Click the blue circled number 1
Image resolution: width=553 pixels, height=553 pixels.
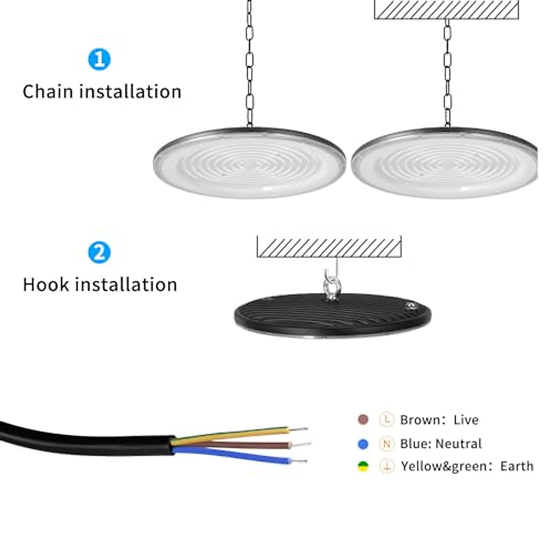(99, 59)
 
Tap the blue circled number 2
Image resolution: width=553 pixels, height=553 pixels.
(99, 253)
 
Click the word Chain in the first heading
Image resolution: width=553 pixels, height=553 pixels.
(48, 92)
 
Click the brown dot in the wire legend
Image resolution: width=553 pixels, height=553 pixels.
(363, 419)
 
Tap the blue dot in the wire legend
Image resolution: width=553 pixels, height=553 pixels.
(363, 444)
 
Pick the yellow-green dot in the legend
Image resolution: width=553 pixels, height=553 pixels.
(363, 466)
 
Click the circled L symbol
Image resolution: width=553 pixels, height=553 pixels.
(387, 419)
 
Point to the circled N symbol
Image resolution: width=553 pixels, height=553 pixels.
(387, 444)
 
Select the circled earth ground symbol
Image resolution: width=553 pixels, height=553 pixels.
(387, 466)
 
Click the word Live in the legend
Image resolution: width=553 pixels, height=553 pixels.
(466, 420)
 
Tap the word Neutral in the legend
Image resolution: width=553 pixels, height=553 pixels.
(458, 444)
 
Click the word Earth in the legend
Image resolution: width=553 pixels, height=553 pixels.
(517, 466)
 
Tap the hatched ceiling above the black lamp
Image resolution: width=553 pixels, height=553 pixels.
(329, 247)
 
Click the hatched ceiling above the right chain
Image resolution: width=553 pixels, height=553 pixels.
(447, 9)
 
